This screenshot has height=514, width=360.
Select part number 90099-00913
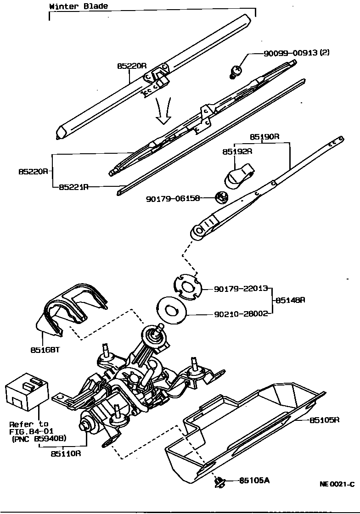290,53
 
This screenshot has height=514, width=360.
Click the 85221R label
73,187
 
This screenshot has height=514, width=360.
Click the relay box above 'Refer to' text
26,393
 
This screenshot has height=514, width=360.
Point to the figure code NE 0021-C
337,484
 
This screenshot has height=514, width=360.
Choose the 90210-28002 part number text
241,314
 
